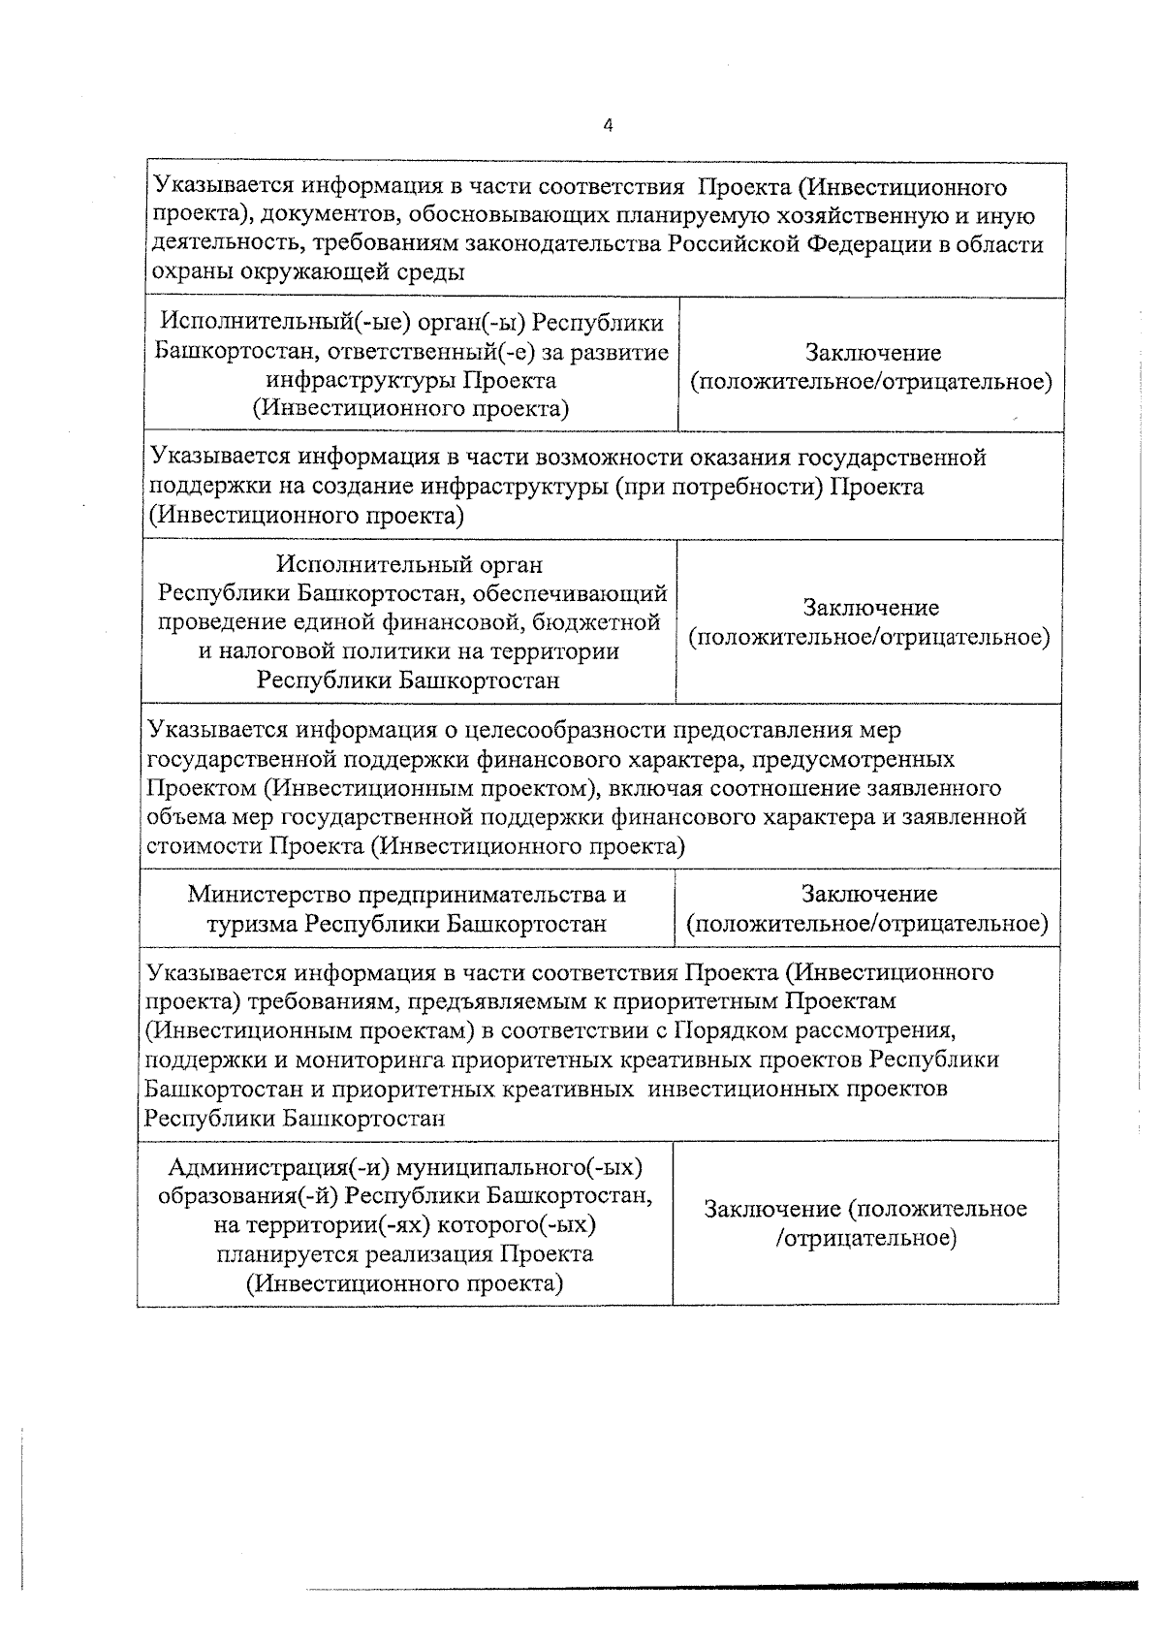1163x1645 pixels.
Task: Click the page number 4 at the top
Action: click(608, 125)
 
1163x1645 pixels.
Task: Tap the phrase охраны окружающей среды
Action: click(309, 272)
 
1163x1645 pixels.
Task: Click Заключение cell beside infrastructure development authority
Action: click(871, 367)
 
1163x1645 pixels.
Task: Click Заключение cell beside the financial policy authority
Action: click(869, 622)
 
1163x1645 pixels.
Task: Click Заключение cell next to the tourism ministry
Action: click(867, 908)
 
